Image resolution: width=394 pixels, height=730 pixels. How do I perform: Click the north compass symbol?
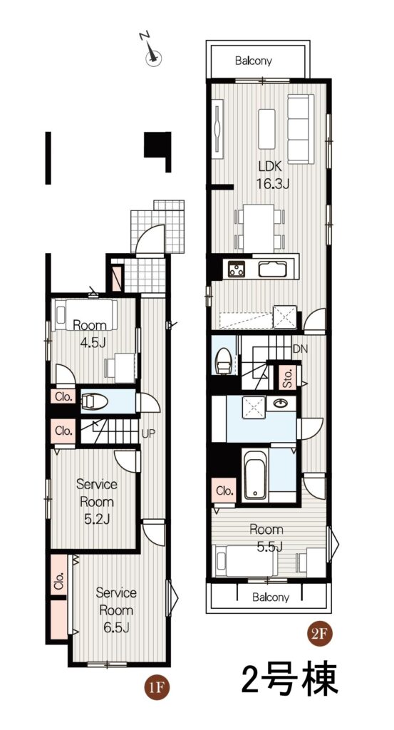pos(152,51)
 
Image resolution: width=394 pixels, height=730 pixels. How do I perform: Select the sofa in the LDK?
pos(301,129)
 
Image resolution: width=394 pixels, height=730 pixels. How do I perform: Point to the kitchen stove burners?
pos(237,269)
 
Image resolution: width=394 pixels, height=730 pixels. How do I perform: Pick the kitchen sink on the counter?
pos(273,269)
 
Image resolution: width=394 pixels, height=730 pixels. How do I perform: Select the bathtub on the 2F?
pos(255,474)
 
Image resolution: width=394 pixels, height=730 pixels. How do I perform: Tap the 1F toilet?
pos(95,401)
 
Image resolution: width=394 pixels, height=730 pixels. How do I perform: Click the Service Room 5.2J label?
pos(97,502)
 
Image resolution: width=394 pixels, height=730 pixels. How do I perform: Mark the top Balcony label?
pos(254,61)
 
